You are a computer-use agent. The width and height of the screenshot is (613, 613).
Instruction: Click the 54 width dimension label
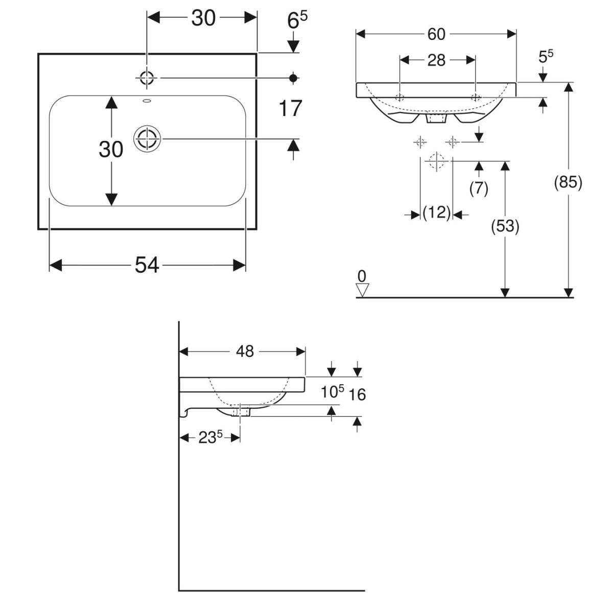(147, 265)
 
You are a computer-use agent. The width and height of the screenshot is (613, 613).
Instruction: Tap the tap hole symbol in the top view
(147, 78)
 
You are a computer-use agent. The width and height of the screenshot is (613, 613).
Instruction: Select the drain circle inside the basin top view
(147, 138)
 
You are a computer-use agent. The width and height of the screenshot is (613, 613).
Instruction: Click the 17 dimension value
(291, 109)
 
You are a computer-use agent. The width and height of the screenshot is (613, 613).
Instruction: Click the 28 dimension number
(436, 60)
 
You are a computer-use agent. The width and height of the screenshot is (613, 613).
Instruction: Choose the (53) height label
(505, 226)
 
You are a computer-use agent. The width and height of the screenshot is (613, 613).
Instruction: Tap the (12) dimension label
(437, 213)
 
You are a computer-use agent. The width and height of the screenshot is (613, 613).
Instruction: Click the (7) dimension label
(479, 188)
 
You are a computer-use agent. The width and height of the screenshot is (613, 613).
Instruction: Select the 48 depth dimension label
(245, 351)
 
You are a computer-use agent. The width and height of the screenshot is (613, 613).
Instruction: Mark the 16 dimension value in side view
(358, 394)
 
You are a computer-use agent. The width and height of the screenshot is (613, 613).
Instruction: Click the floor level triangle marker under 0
(362, 291)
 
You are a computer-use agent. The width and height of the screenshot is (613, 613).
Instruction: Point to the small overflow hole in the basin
(147, 101)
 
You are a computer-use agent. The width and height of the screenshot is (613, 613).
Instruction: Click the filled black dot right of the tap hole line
(293, 78)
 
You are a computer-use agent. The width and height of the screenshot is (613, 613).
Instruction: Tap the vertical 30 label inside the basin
(111, 150)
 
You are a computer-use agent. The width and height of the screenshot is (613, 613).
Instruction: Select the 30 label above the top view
(203, 18)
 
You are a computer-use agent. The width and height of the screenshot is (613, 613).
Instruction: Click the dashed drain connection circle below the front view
(436, 161)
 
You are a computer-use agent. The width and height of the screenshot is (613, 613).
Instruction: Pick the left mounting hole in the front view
(400, 97)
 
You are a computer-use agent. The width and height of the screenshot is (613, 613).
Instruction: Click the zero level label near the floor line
(362, 276)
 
